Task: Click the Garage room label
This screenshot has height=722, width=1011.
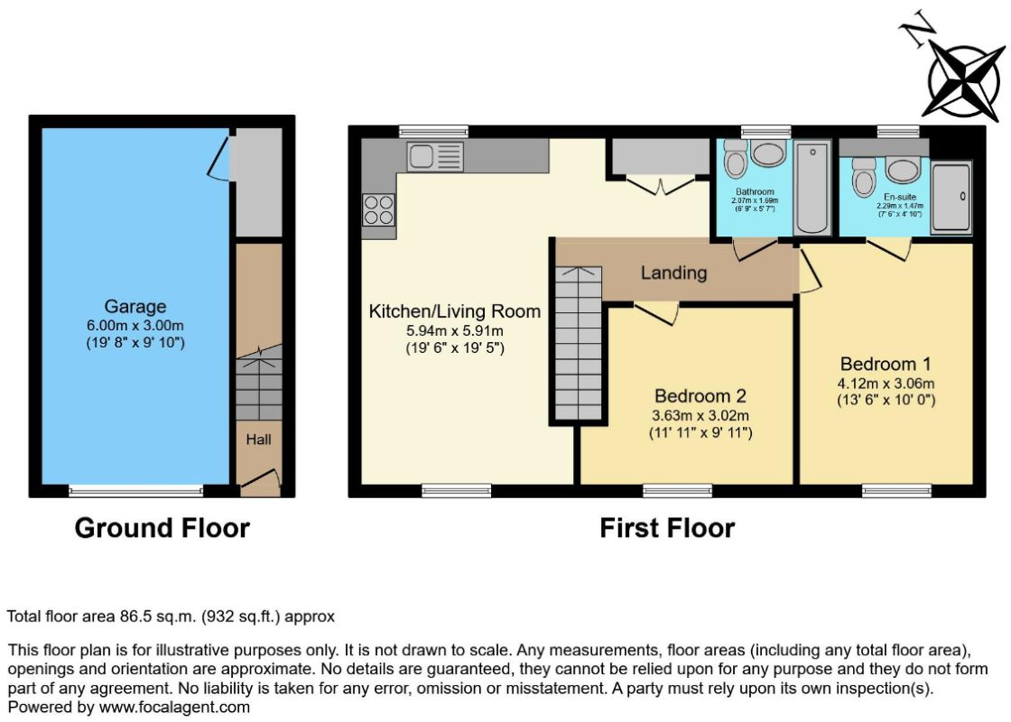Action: pos(135,306)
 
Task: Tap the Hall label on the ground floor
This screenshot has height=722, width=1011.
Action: pos(258,440)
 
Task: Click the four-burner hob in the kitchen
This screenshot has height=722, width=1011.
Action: pos(378,210)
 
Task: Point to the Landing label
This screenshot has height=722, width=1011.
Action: pos(673,273)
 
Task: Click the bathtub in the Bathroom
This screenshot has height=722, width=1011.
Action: pos(813,189)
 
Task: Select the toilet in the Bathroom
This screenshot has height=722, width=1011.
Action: pos(735,159)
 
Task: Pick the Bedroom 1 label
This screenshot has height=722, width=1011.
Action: pos(886,364)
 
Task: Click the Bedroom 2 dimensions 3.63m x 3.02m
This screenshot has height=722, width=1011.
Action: pos(700,415)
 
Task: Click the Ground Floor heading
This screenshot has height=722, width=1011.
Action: pos(162,528)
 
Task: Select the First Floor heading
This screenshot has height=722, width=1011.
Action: pos(667,528)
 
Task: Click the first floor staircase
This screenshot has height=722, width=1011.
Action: pos(579,344)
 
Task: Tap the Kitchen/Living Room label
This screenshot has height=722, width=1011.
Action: pos(455,311)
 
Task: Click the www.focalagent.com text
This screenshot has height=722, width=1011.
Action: pos(174,708)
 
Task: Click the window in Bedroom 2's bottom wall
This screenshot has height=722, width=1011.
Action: pos(677,491)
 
